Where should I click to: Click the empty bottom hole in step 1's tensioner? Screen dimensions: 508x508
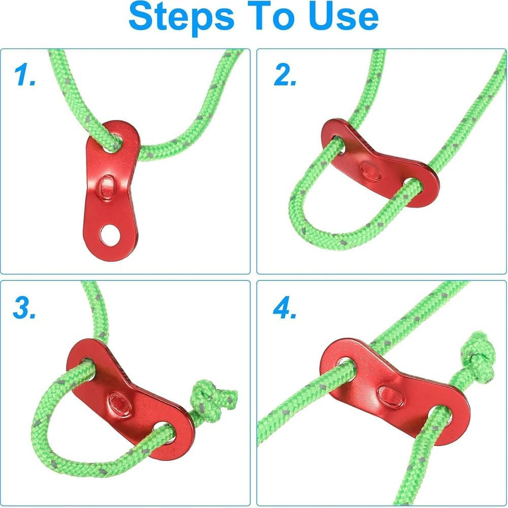pos(110,235)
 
